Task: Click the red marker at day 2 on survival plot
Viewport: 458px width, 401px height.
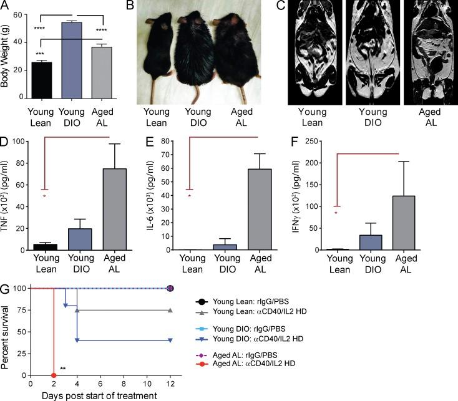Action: pos(54,375)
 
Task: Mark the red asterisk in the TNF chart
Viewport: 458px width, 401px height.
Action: pos(44,197)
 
